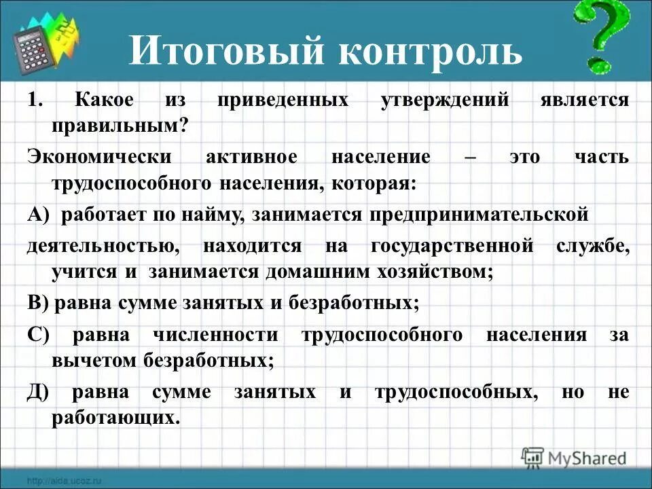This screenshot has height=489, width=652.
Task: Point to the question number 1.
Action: (x=35, y=100)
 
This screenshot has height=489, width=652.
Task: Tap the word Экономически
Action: (x=98, y=157)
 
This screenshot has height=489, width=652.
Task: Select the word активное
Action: (x=251, y=157)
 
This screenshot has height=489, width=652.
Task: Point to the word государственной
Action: (x=452, y=246)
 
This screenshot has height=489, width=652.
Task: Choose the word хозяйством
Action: (x=430, y=272)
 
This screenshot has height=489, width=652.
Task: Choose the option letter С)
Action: (x=39, y=334)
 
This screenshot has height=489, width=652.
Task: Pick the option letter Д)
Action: (x=39, y=392)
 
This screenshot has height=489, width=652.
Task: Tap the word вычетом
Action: (x=94, y=360)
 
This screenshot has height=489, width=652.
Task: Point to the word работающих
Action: (x=116, y=417)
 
